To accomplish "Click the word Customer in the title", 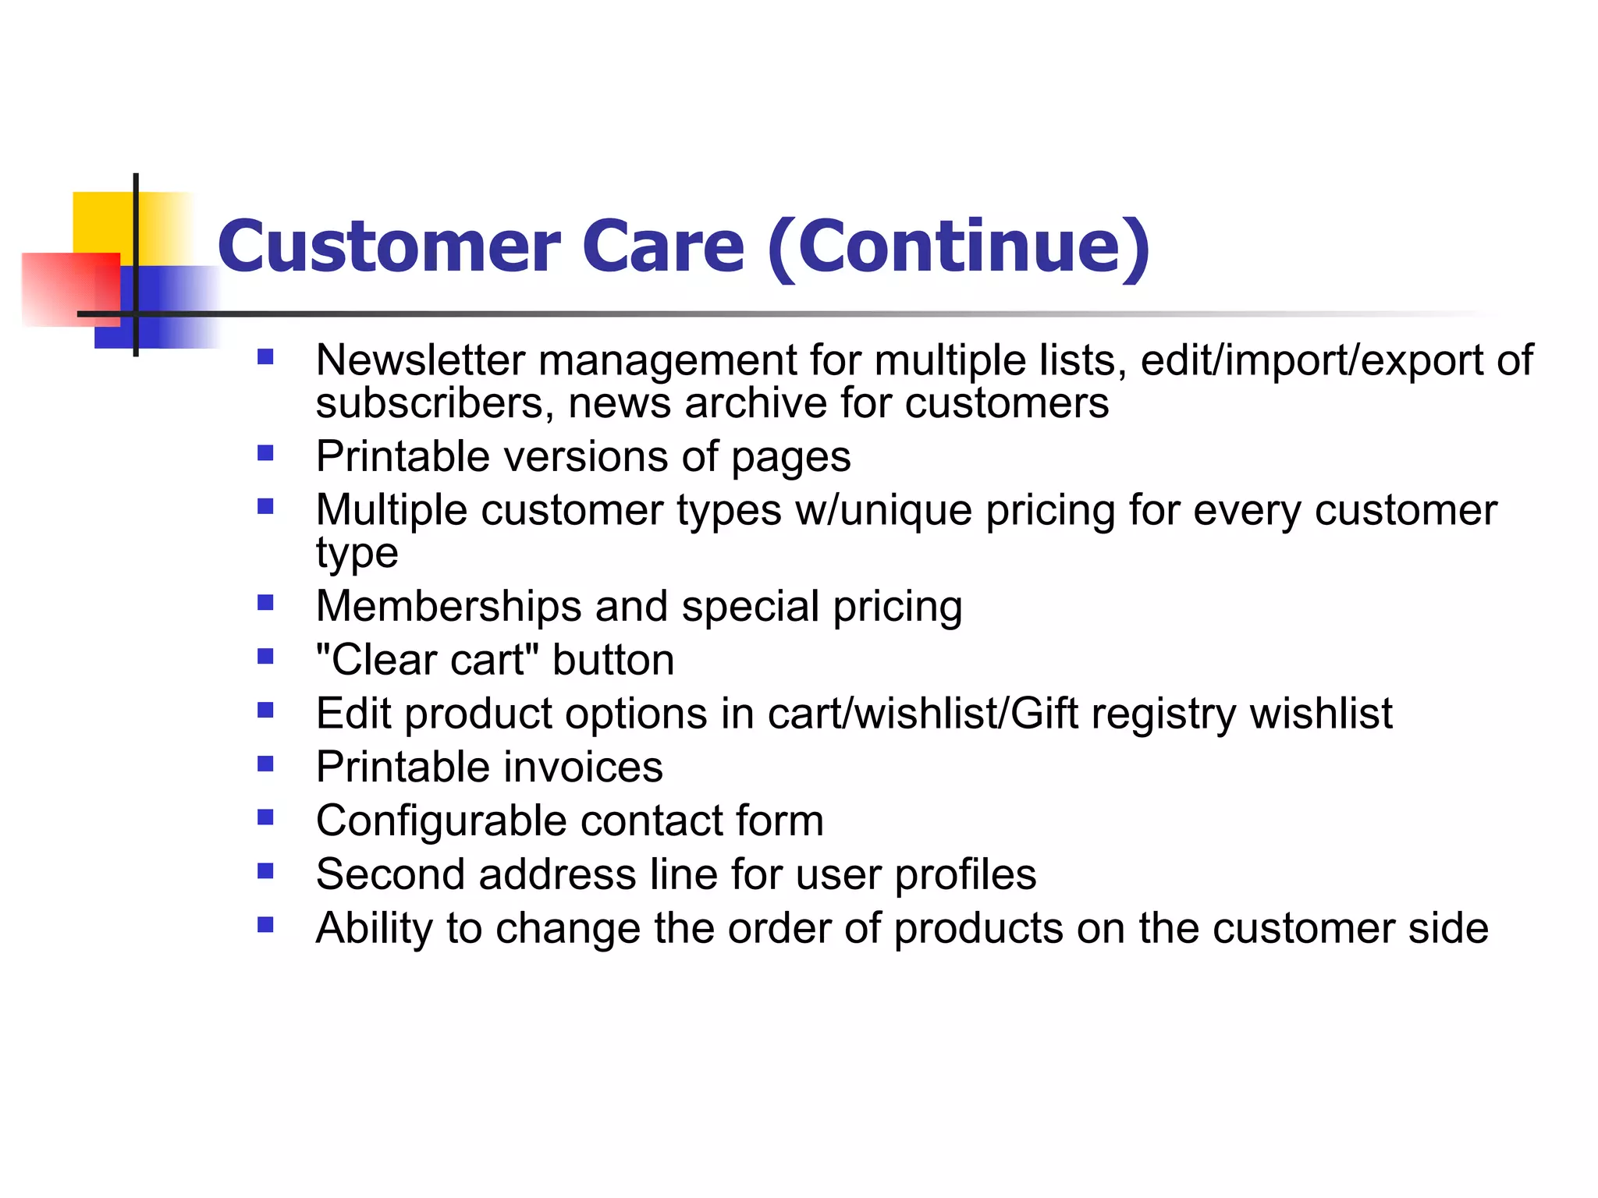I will click(388, 246).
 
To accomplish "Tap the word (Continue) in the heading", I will click(959, 248).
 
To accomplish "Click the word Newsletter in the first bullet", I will click(420, 360).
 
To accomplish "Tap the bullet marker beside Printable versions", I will click(265, 453).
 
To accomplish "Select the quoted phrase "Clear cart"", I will click(427, 660).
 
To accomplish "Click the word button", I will click(613, 660).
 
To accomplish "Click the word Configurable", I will click(441, 821).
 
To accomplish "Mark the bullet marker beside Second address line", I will click(265, 871).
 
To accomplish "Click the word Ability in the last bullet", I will click(374, 929).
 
